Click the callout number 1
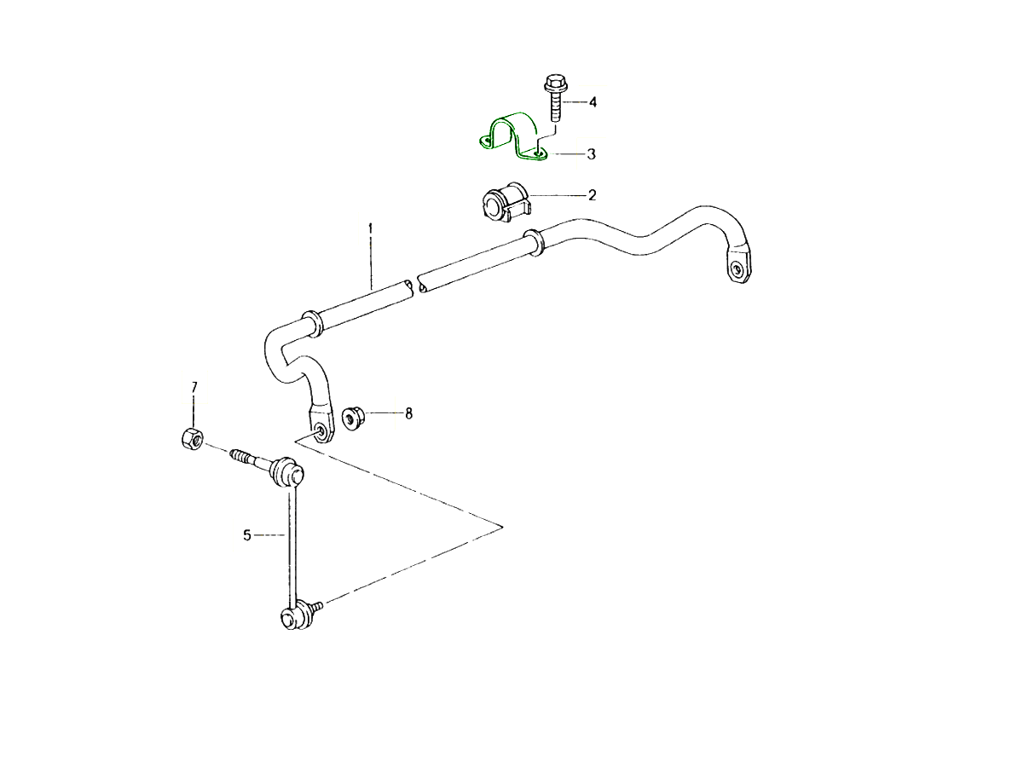coord(371,228)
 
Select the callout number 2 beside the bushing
coord(592,195)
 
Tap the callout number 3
coord(591,154)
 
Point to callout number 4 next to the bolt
coord(592,102)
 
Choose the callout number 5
coord(247,535)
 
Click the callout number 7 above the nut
coord(194,388)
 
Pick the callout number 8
coord(408,413)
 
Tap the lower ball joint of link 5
coord(292,615)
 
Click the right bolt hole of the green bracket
coord(537,153)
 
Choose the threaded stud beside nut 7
coord(247,458)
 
